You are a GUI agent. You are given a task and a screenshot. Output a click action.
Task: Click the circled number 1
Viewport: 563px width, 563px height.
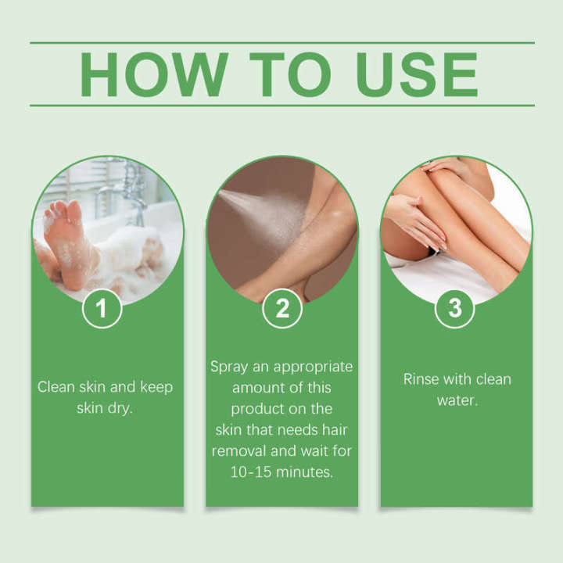[102, 308]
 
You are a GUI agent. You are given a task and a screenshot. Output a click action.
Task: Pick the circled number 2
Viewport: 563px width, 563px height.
[281, 308]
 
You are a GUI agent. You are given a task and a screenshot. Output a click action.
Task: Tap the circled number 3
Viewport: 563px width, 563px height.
[455, 308]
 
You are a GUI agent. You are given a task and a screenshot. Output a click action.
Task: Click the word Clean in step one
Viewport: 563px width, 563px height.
[56, 387]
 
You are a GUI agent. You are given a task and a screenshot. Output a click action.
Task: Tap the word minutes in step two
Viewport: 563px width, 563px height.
[306, 472]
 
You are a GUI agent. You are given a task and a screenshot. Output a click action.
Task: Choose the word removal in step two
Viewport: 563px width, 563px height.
[238, 450]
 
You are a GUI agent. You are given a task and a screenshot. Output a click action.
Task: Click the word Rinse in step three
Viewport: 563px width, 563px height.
[421, 379]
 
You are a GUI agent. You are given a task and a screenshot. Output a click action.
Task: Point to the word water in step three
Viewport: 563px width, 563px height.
[455, 400]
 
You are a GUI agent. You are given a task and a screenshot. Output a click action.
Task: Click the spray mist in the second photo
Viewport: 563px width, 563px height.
[258, 211]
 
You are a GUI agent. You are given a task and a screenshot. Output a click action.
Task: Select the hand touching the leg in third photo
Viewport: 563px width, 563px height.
[414, 219]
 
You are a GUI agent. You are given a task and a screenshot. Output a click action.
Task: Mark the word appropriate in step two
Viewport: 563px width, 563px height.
[309, 366]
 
